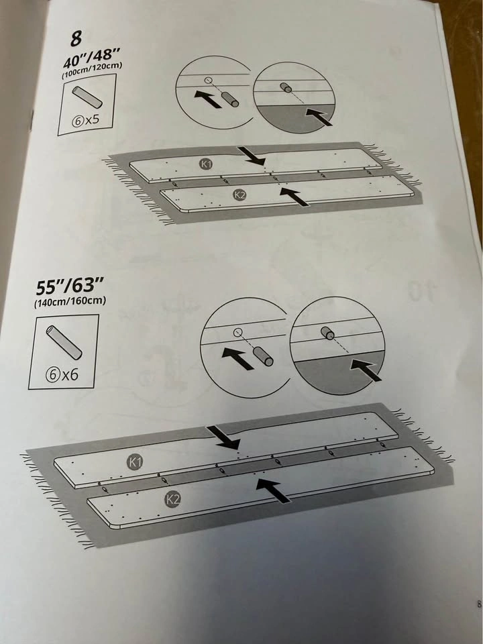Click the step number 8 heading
click(x=76, y=38)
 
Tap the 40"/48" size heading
click(x=92, y=56)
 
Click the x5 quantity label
click(x=92, y=119)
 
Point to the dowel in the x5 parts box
click(x=87, y=97)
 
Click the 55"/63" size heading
click(x=70, y=286)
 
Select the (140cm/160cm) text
click(x=70, y=301)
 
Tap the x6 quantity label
click(x=69, y=374)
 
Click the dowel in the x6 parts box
click(x=64, y=342)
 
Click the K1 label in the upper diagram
click(x=206, y=164)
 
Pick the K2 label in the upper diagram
click(x=239, y=195)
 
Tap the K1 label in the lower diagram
click(x=135, y=462)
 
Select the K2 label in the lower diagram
click(x=173, y=499)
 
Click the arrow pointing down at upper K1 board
click(x=252, y=156)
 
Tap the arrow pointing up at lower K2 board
click(x=273, y=490)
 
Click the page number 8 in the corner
click(x=479, y=604)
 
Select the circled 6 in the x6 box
click(x=52, y=375)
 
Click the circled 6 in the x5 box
click(x=78, y=121)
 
